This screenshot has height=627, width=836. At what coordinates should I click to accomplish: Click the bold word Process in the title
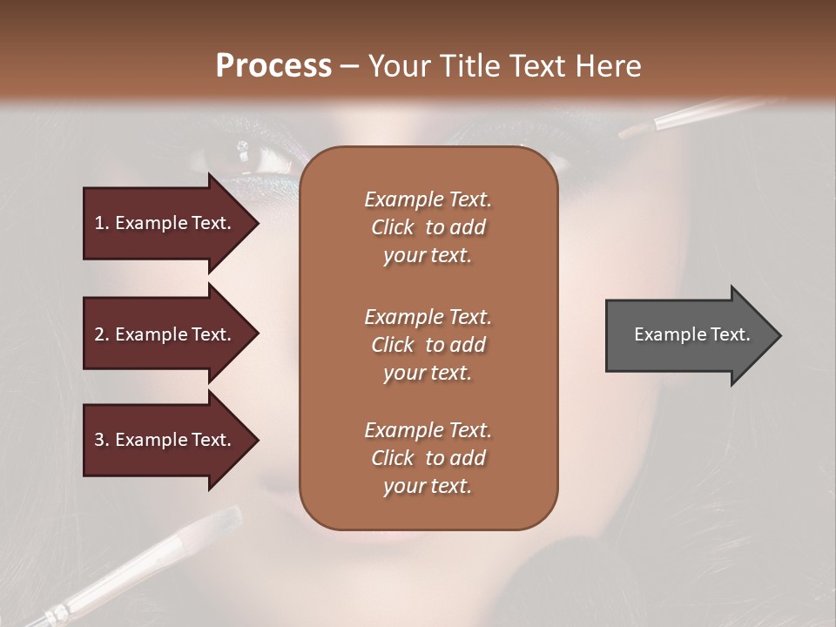273,66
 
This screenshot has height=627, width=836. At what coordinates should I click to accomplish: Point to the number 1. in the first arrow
102,223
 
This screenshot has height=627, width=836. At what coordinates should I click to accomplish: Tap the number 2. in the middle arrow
102,334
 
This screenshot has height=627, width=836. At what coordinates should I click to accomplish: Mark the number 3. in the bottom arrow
102,440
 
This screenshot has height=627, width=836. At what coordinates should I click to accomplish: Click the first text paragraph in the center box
428,227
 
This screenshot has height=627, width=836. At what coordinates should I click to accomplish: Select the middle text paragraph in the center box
428,345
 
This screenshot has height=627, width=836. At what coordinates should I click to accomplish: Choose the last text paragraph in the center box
428,458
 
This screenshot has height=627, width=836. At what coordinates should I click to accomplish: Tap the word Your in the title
397,66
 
